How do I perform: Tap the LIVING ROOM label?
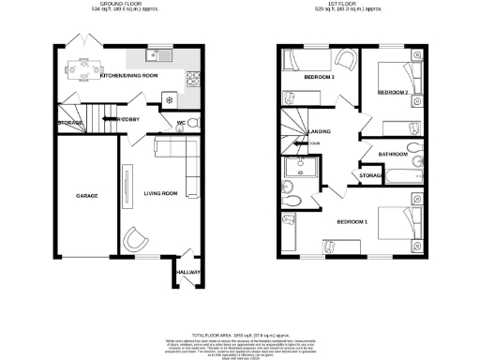click(160, 194)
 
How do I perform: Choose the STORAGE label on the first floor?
click(370, 174)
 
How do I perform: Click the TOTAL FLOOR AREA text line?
click(238, 334)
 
